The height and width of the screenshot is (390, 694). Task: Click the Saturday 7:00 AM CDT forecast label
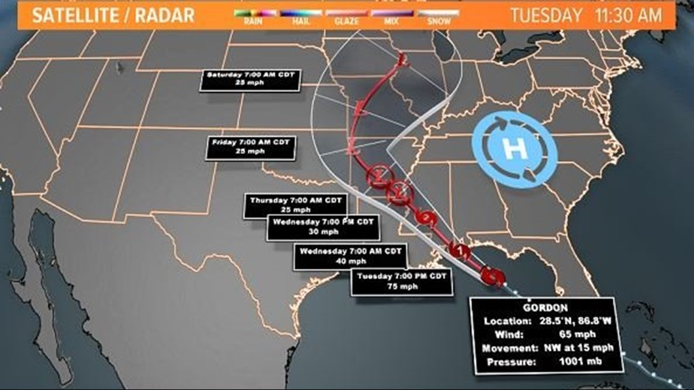tap(251, 79)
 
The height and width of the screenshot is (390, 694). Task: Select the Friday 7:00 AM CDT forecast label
tap(250, 147)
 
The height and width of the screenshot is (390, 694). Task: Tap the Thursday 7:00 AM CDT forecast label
tap(295, 205)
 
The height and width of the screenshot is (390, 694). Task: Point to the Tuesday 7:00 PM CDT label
tap(402, 282)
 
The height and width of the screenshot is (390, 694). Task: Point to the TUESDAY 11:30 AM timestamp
tap(586, 15)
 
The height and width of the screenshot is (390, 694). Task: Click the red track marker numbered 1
tap(460, 249)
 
